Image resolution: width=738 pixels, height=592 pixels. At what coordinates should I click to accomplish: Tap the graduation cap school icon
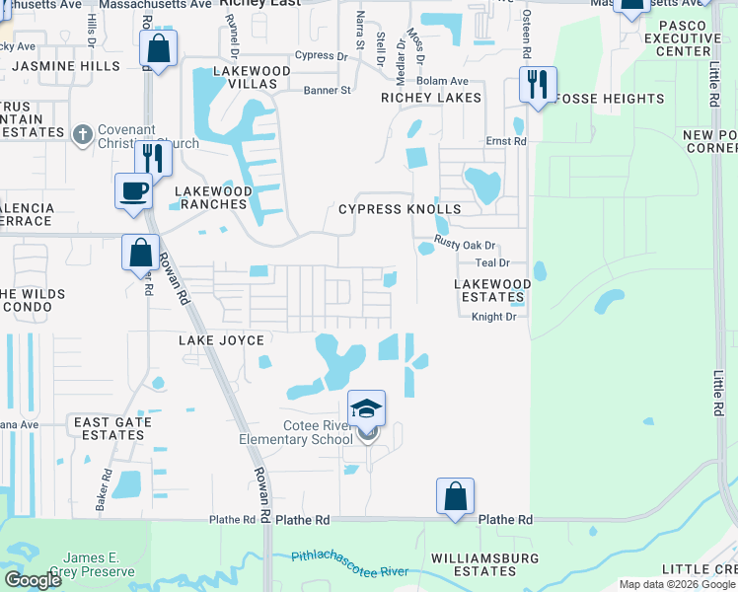[x=366, y=408]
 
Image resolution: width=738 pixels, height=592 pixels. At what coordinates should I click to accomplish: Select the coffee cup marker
[x=133, y=190]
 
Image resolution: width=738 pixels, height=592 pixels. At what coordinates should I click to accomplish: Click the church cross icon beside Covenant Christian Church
[x=83, y=134]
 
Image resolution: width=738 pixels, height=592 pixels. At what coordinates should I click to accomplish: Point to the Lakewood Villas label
[x=253, y=78]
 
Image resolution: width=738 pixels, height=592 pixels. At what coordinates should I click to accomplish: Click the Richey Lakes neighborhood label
[x=431, y=98]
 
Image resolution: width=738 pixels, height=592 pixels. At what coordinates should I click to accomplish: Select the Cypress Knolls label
[x=400, y=209]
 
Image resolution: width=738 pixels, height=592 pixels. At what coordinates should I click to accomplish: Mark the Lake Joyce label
[x=221, y=340]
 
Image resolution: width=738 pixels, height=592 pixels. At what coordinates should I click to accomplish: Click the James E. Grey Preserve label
[x=99, y=564]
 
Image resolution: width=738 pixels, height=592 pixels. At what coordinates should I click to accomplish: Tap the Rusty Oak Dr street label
[x=464, y=246]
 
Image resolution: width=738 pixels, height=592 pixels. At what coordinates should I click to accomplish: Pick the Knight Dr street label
[x=493, y=317]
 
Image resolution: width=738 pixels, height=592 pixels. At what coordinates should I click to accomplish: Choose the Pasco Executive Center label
[x=670, y=37]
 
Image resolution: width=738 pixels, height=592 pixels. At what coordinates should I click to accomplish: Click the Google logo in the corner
[x=33, y=580]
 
